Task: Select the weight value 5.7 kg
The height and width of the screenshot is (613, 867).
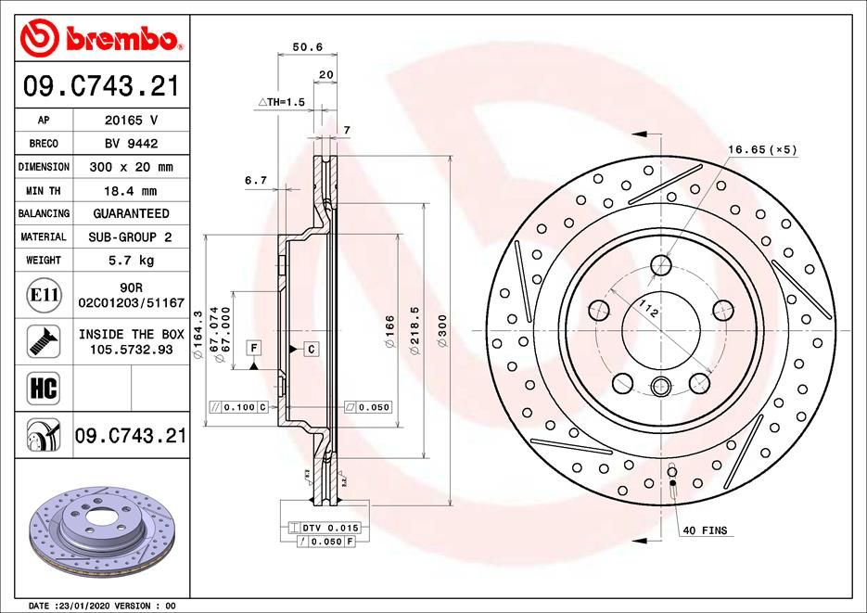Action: (129, 261)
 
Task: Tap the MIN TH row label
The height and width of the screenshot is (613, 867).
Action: (44, 190)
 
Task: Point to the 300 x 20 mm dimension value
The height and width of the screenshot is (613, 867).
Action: (129, 167)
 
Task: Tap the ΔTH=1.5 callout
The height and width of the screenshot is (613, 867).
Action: (281, 101)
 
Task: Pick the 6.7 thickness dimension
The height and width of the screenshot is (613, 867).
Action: (256, 180)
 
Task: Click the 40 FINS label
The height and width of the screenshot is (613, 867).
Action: (705, 530)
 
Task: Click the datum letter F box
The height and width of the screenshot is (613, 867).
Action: (251, 347)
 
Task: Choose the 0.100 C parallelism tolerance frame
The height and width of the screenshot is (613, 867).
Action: (239, 406)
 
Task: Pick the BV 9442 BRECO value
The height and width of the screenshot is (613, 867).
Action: (129, 144)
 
